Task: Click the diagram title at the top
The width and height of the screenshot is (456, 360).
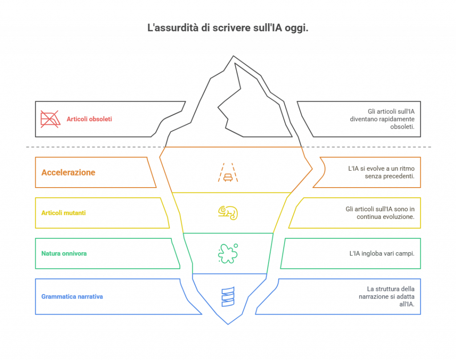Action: [x=228, y=28]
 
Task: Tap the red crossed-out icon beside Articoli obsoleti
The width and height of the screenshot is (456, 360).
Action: [x=50, y=119]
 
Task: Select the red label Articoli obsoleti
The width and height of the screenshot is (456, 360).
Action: [x=89, y=119]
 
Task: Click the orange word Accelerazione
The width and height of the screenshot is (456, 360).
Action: [x=68, y=172]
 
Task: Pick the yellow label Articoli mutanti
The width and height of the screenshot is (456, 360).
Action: [x=63, y=213]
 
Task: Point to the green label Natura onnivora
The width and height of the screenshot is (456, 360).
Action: [x=64, y=254]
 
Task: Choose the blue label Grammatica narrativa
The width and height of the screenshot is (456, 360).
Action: [x=72, y=297]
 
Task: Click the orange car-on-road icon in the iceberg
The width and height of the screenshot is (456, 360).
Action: [x=228, y=172]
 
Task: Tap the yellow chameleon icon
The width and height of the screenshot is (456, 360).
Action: [x=228, y=213]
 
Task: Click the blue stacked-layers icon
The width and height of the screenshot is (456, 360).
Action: [x=228, y=297]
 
